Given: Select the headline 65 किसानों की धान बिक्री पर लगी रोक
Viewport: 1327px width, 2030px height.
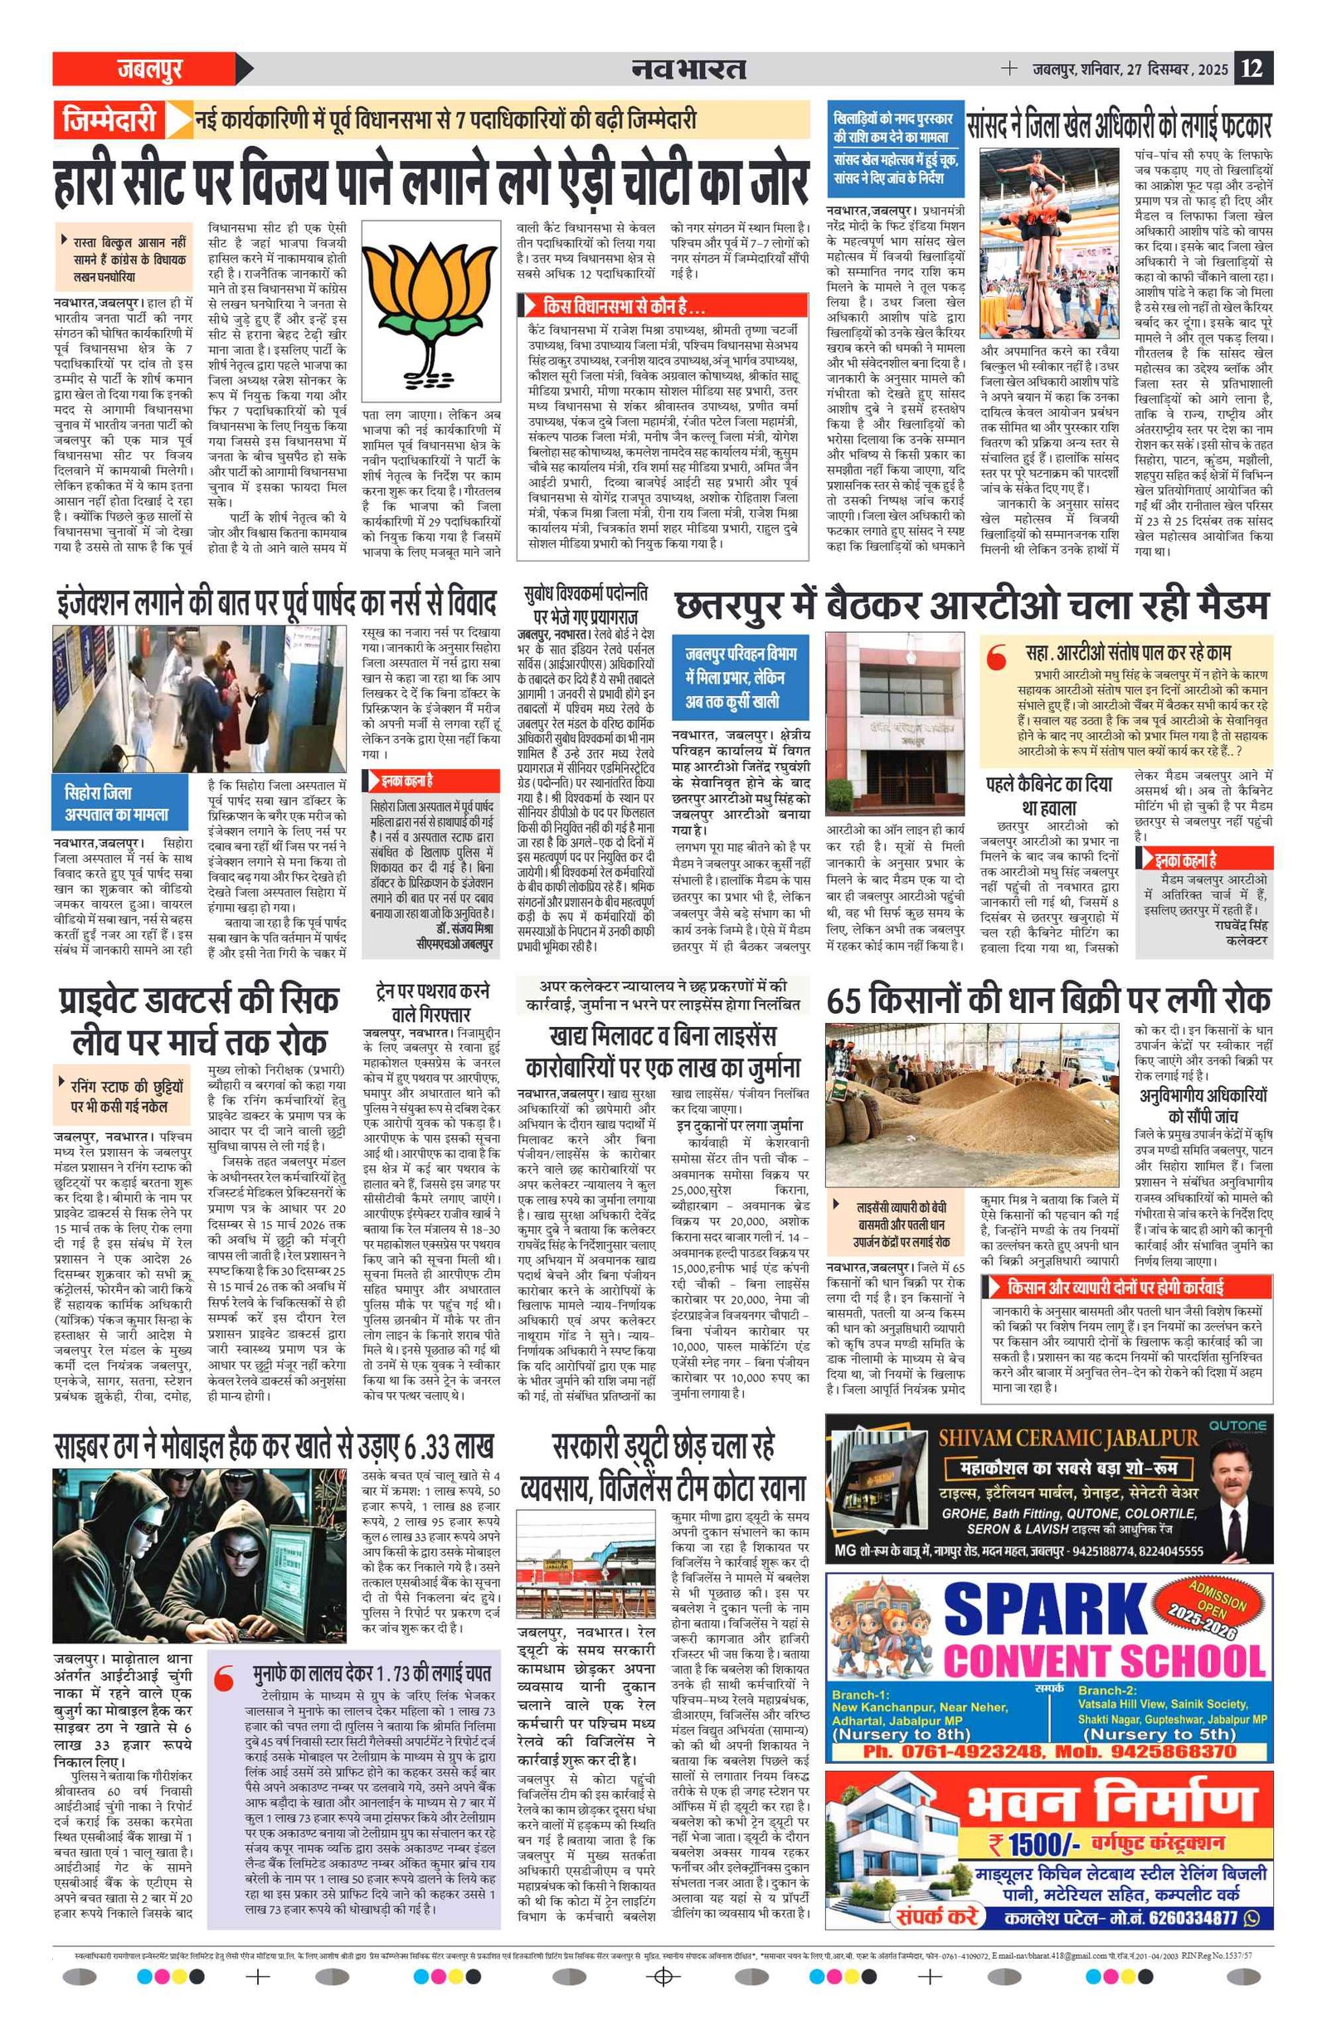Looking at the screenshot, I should click(1048, 1000).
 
